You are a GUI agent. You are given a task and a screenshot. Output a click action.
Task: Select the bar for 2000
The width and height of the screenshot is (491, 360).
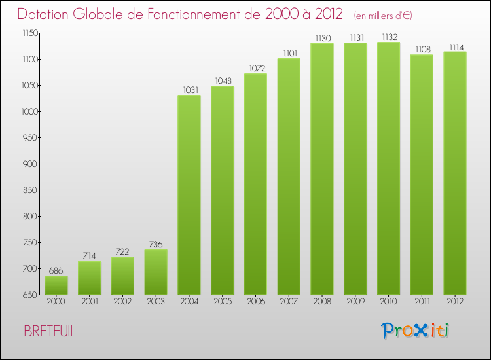(56, 285)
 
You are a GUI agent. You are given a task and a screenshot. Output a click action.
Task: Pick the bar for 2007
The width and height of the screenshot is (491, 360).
(289, 177)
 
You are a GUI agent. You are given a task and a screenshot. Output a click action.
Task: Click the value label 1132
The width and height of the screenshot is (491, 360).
(388, 37)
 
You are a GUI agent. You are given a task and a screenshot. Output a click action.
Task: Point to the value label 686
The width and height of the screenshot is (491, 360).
(56, 270)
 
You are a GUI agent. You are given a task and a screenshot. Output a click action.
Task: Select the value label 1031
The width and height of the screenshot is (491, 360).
(189, 90)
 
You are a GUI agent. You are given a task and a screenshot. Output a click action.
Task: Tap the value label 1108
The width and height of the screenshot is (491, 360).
(422, 49)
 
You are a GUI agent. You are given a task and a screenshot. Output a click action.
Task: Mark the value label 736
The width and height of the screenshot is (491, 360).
(156, 243)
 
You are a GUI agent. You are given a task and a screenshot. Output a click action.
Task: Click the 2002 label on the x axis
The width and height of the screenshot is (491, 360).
(122, 302)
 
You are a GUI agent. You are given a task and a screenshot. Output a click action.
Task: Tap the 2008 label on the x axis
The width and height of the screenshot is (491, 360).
(322, 302)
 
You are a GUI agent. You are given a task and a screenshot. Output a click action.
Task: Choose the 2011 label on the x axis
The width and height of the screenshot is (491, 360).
(422, 302)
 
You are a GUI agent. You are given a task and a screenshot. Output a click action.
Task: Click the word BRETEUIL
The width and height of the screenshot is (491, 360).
(49, 332)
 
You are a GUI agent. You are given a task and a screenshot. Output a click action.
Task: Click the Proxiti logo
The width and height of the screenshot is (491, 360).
(416, 331)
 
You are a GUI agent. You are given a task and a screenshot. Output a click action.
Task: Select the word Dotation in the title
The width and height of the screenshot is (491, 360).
(46, 14)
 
